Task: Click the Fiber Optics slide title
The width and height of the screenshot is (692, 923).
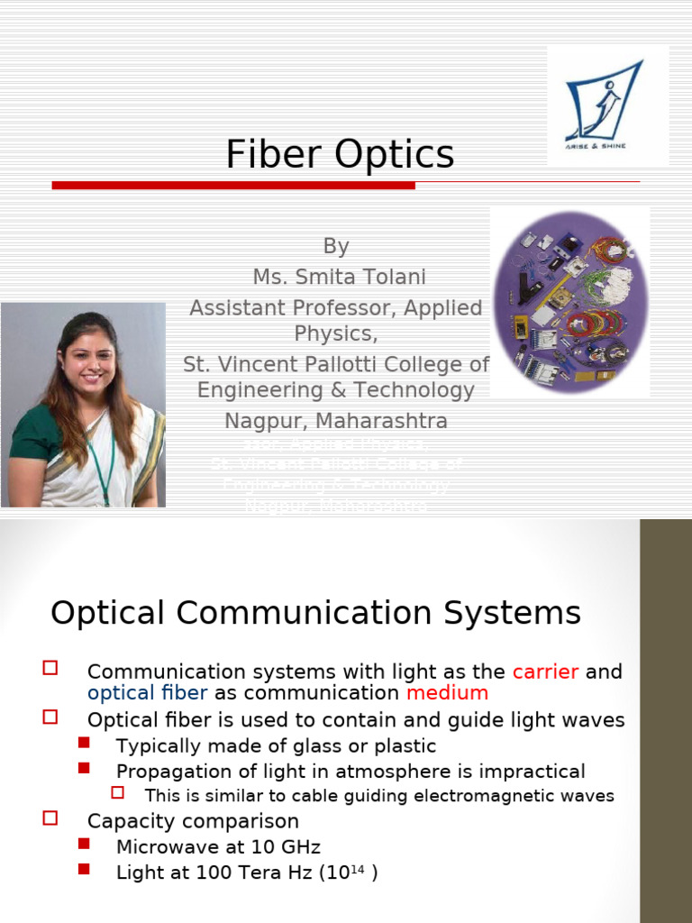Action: (x=340, y=154)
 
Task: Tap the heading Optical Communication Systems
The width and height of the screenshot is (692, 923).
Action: (x=315, y=613)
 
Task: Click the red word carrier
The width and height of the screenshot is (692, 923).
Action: (x=546, y=672)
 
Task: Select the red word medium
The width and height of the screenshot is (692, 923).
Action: (x=447, y=693)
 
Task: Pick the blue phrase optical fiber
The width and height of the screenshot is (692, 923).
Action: (x=147, y=693)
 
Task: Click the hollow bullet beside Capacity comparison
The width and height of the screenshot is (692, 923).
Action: (x=50, y=818)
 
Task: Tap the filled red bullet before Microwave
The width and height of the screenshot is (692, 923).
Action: (x=85, y=844)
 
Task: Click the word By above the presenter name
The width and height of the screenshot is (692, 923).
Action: (x=335, y=246)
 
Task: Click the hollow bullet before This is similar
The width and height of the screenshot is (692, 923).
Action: (x=117, y=792)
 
